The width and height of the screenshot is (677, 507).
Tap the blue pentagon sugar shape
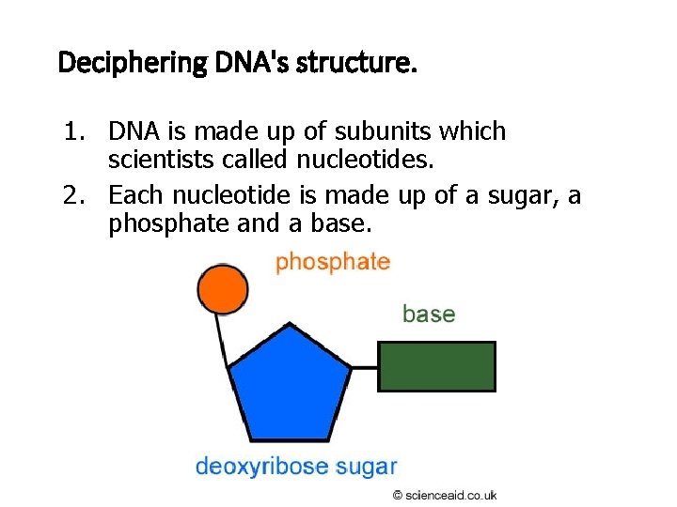290,384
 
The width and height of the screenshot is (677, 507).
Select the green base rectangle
436,366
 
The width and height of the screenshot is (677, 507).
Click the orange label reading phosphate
332,262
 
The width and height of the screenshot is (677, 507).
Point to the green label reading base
429,314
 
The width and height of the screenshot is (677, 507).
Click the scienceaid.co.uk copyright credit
445,495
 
